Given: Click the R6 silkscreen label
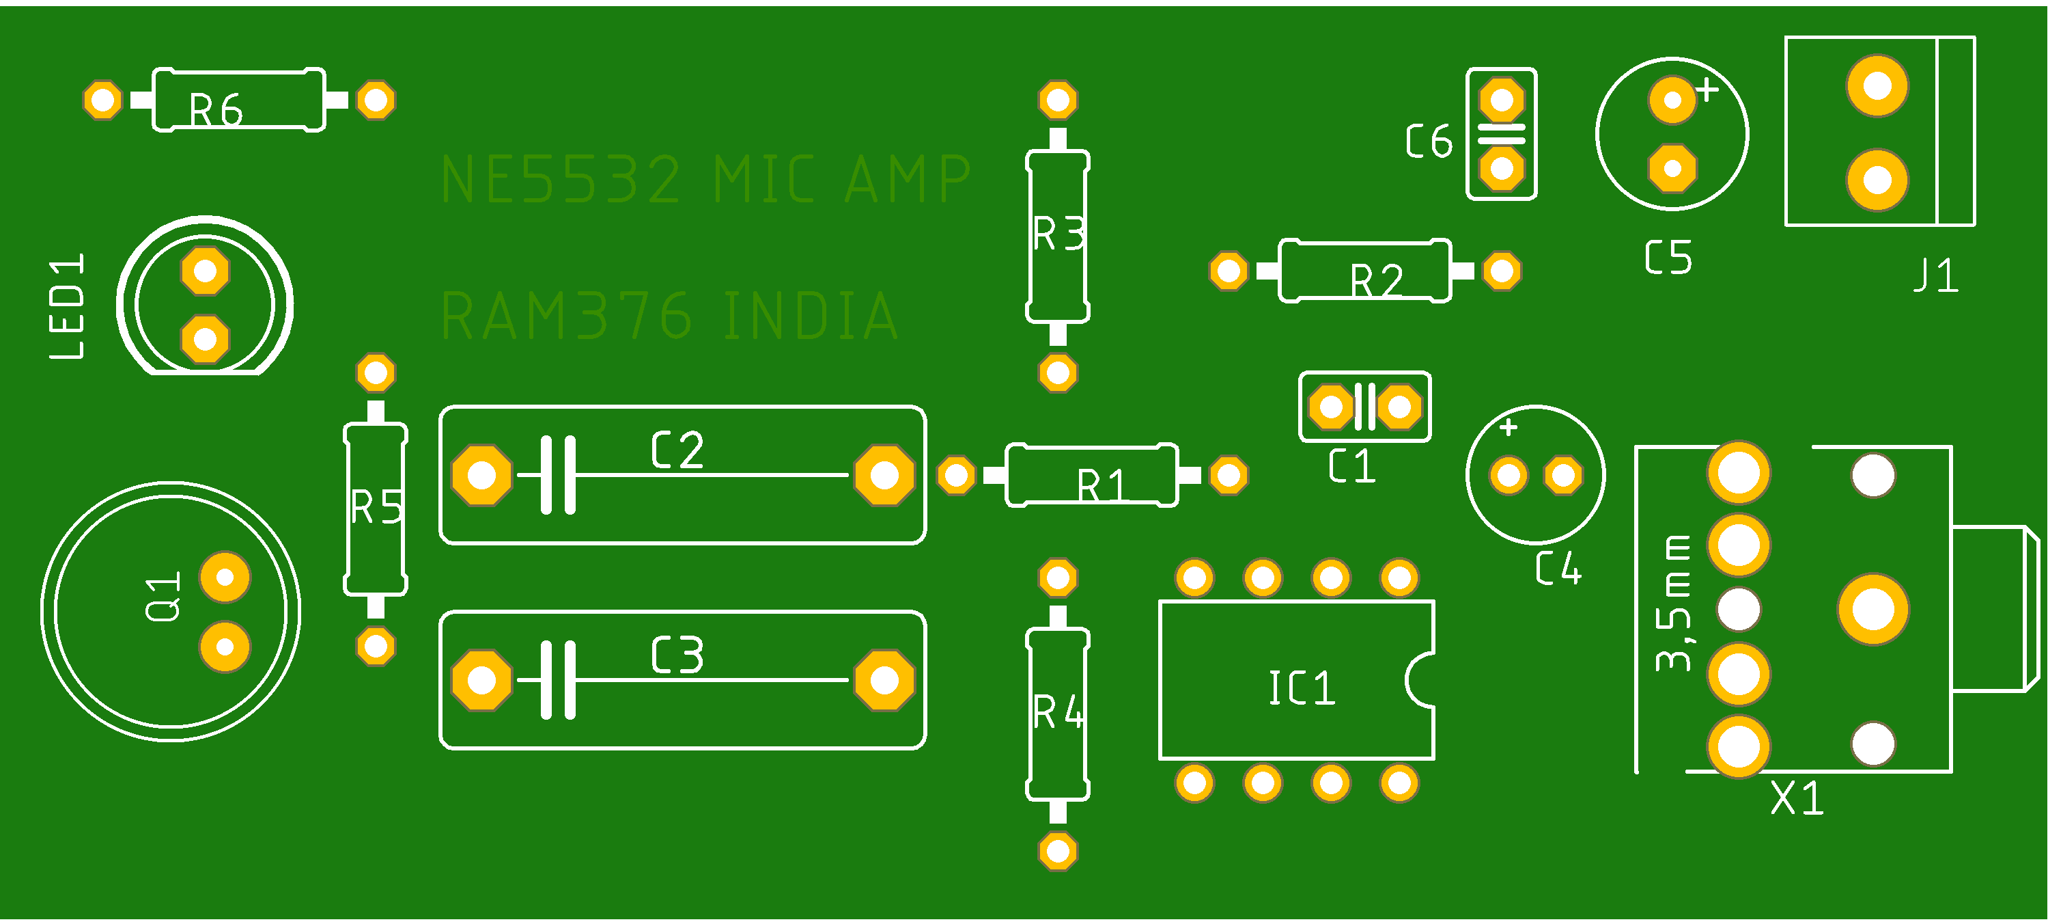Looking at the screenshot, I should click(x=216, y=110).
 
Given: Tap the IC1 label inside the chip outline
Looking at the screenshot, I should click(x=1302, y=688).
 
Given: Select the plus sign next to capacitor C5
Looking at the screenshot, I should click(x=1707, y=91).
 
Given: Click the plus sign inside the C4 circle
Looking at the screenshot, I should click(x=1509, y=427).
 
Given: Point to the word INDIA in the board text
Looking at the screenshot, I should click(x=811, y=316).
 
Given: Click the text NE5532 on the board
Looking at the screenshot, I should click(x=561, y=180).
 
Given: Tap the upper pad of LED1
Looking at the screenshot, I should click(x=205, y=271).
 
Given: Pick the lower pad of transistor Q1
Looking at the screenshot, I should click(x=225, y=647).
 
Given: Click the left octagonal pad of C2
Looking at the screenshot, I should click(x=481, y=475).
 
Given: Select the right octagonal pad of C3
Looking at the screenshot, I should click(x=884, y=680).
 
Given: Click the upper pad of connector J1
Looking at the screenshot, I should click(x=1877, y=85).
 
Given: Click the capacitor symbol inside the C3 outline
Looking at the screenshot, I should click(x=558, y=680).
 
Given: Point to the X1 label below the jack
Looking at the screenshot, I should click(x=1797, y=798).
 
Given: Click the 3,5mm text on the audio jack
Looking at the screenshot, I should click(x=1674, y=605).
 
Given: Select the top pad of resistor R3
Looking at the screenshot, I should click(x=1057, y=100).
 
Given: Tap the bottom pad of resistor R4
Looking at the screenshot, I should click(x=1057, y=850).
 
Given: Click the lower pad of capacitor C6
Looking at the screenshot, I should click(x=1501, y=169).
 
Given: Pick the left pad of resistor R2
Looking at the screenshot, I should click(x=1229, y=271).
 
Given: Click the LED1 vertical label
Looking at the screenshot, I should click(x=68, y=306).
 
